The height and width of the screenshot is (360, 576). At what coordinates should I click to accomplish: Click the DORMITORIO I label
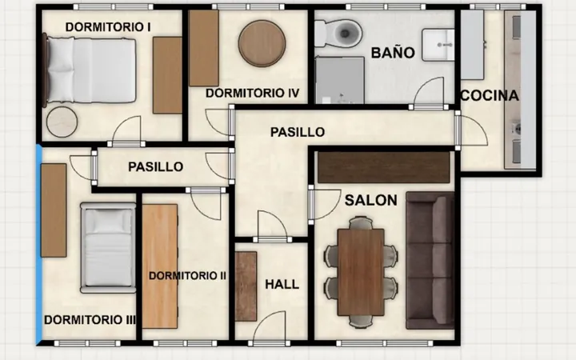click(x=108, y=27)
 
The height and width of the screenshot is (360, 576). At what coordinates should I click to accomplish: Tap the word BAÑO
click(x=393, y=53)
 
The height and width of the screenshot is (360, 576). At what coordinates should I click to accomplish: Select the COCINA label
click(x=490, y=95)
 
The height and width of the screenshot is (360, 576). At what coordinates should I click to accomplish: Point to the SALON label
click(x=371, y=200)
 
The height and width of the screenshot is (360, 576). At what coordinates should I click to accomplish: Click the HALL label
click(x=282, y=284)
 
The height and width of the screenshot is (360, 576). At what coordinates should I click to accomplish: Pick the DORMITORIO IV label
click(x=252, y=94)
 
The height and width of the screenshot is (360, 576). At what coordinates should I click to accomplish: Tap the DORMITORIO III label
click(x=90, y=319)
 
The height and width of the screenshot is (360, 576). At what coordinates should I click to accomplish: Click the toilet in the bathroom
click(x=338, y=34)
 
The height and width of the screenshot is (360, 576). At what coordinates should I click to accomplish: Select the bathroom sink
click(x=438, y=45)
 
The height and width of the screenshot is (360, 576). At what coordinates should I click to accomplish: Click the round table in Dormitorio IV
click(x=262, y=43)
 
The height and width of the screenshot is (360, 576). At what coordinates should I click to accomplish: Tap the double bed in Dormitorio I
click(x=89, y=70)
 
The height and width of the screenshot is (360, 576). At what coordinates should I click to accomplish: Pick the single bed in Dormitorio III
click(x=108, y=247)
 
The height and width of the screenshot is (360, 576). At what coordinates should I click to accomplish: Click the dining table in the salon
click(x=361, y=272)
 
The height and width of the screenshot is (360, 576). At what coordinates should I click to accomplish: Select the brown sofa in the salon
click(x=430, y=261)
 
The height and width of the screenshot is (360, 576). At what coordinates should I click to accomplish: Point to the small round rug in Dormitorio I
click(x=62, y=122)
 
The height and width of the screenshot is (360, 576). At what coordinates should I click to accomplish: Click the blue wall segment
click(x=39, y=245)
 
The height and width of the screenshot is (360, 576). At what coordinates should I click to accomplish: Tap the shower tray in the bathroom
click(x=340, y=80)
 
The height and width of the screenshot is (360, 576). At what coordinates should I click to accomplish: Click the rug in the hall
click(x=246, y=286)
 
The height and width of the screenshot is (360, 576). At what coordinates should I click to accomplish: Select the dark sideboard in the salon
click(x=384, y=167)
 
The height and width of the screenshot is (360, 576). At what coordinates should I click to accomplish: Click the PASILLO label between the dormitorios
click(x=156, y=166)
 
